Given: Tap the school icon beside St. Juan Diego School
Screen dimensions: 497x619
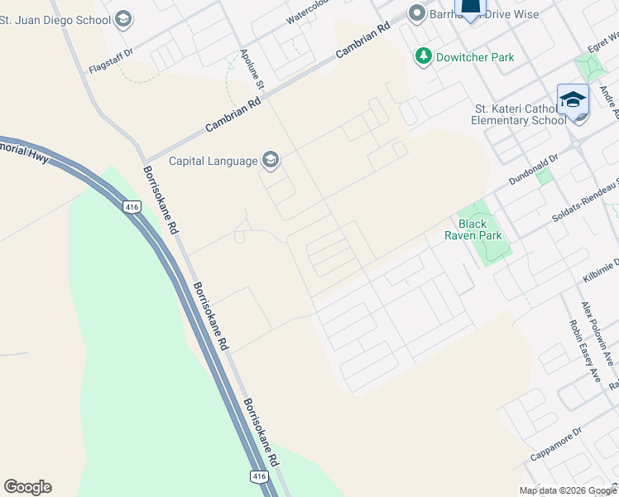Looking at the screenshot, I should pos(123,18).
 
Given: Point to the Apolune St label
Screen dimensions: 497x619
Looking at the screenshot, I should pos(251,69).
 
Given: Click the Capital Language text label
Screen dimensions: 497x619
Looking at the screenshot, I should pos(214,161).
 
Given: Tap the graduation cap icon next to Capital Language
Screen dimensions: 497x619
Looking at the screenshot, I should pos(271,160).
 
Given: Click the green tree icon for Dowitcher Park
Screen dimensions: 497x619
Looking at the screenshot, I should pos(424,56).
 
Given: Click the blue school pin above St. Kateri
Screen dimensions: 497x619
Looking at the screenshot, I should pos(573,100).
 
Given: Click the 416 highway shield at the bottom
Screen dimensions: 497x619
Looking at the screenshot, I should pos(258,476).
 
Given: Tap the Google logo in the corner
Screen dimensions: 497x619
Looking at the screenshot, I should pos(27,487).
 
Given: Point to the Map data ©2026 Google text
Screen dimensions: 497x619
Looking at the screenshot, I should pos(567,490).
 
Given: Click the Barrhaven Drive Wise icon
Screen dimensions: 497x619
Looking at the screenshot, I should pos(416,13).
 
